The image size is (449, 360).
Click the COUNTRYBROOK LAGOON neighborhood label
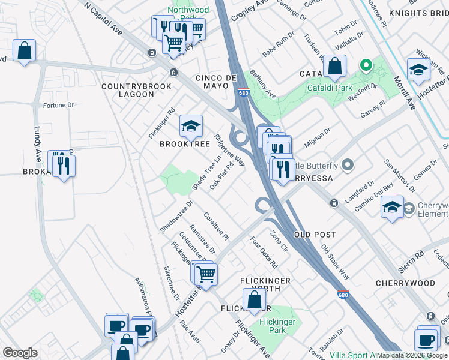click(128, 91)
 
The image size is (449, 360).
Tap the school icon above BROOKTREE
click(191, 127)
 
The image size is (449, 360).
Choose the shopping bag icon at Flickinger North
click(254, 299)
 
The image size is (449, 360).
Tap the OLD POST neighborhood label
click(315, 234)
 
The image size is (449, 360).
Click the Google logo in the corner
click(20, 352)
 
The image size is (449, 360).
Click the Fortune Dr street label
click(58, 105)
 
